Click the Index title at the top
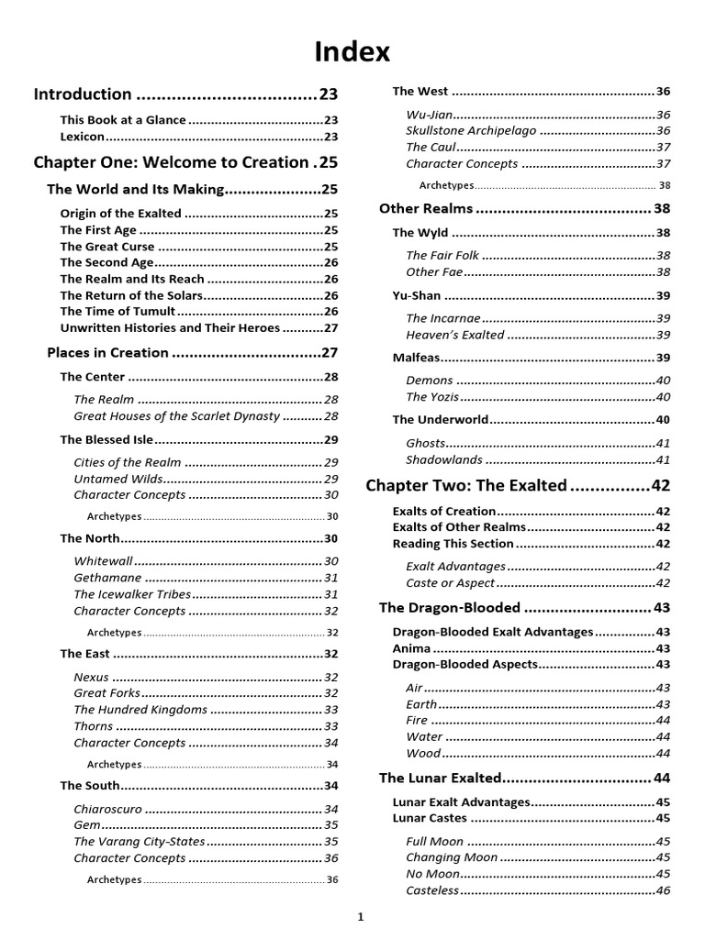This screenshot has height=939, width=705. point(352,53)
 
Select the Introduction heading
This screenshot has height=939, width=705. point(83,94)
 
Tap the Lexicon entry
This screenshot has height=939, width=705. point(83,136)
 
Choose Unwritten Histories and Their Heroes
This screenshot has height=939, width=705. point(170,327)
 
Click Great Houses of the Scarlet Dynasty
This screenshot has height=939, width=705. point(176,415)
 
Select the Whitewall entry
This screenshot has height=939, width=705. point(104,560)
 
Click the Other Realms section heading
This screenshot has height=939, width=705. point(426,208)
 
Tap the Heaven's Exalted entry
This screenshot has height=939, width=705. point(455,335)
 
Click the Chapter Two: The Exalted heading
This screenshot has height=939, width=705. point(466,485)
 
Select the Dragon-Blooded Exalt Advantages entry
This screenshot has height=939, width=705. point(493,632)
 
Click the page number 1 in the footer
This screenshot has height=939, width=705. point(362,917)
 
